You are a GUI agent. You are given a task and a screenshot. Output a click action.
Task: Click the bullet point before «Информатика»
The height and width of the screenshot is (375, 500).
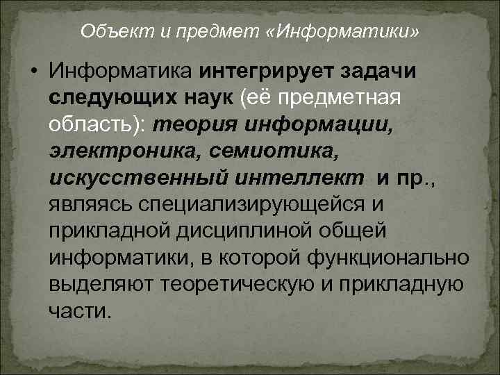[33, 72]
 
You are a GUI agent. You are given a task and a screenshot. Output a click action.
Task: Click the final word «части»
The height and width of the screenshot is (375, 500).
[79, 310]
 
